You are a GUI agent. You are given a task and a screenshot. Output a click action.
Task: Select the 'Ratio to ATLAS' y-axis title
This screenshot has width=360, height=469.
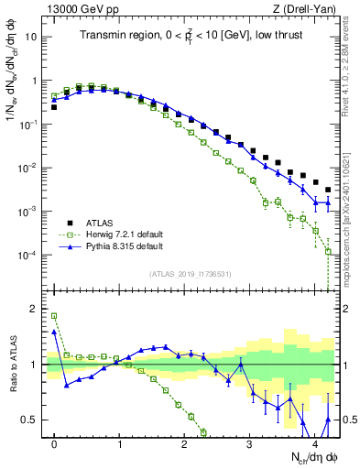coord(12,365)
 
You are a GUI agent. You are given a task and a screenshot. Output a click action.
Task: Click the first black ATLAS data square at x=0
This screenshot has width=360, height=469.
coord(54,107)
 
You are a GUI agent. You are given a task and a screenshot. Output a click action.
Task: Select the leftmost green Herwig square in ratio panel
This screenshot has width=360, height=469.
coord(54,316)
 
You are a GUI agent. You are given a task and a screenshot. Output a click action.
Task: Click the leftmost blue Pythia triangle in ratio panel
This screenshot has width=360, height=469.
coord(54,332)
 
